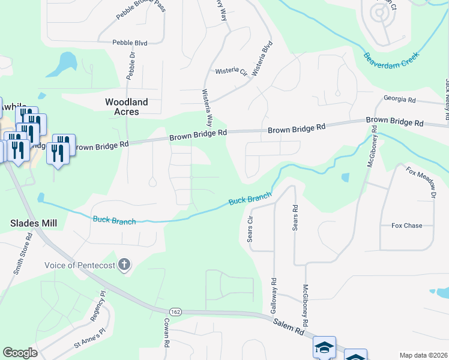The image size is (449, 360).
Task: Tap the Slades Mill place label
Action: [x=34, y=223]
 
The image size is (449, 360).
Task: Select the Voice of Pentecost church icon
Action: [x=124, y=265]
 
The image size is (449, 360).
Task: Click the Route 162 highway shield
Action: [x=175, y=312]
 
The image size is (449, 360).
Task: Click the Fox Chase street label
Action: [x=406, y=226]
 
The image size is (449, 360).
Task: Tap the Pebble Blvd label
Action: [x=130, y=43]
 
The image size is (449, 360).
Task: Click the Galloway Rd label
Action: [x=274, y=294]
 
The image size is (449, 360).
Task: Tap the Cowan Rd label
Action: [x=166, y=334]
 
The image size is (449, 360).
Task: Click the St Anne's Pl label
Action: [x=89, y=339]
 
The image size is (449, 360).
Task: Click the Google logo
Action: [x=20, y=353]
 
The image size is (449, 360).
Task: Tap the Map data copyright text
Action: [x=423, y=355]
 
